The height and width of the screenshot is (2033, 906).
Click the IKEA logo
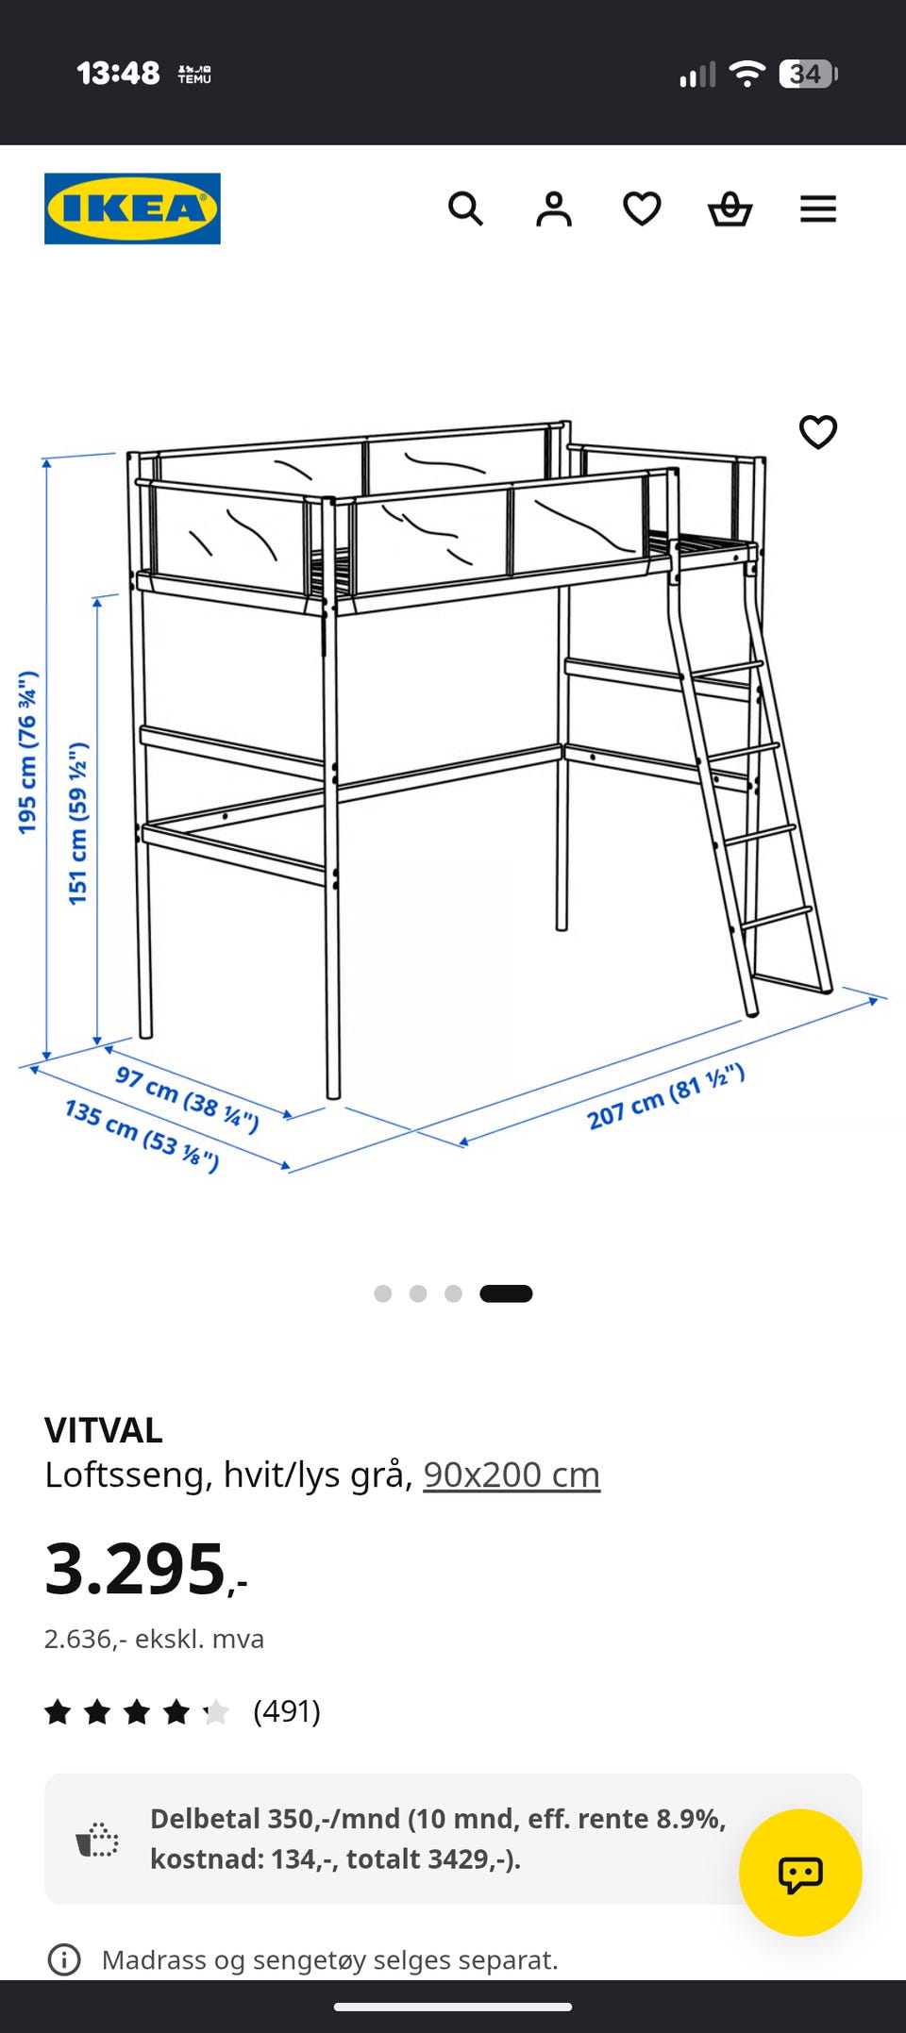point(132,208)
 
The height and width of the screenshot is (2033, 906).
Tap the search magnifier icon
point(465,208)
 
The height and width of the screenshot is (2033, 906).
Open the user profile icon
point(554,208)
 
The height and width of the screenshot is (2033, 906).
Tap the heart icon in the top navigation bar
point(642,208)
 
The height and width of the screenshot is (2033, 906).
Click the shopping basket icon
point(730,208)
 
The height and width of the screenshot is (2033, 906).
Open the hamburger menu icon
point(818,208)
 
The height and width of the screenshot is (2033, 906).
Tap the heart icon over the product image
point(818,432)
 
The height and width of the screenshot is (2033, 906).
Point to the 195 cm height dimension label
point(27,752)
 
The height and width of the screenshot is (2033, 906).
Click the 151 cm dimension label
point(78,823)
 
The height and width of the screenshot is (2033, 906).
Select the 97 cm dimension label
point(187,1098)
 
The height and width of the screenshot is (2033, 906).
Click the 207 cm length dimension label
point(666,1096)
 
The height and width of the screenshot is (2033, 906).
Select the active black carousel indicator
point(506,1293)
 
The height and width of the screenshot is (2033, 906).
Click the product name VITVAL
point(104,1430)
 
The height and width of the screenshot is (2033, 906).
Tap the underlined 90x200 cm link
point(512,1475)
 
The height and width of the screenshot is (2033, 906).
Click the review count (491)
point(287,1710)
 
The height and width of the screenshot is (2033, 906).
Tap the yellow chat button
point(800,1873)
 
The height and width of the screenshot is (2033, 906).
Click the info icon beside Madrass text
point(64,1959)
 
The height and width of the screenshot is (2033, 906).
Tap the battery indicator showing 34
point(808,74)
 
